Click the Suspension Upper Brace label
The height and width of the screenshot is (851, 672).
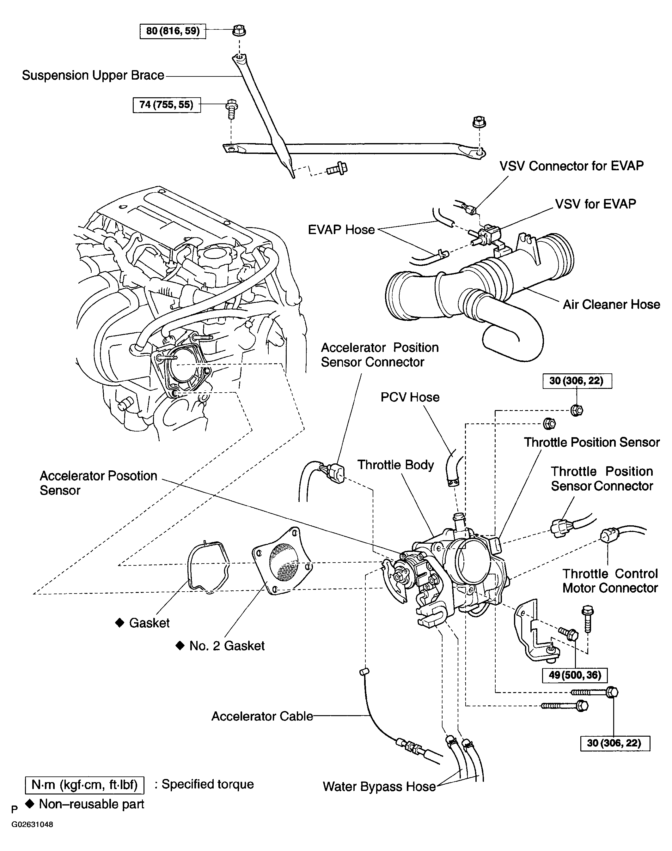click(93, 75)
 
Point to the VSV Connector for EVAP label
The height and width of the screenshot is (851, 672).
click(571, 166)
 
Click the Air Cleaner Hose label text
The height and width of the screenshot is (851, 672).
click(611, 305)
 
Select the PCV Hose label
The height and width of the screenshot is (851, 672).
click(410, 397)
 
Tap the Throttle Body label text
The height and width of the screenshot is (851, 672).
click(395, 465)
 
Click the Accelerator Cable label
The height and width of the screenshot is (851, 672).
click(262, 716)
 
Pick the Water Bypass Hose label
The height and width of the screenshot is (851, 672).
click(379, 787)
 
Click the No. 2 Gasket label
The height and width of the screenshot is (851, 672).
click(227, 646)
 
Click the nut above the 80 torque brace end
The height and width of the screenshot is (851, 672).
click(239, 30)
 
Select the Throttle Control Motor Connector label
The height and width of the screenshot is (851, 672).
click(609, 581)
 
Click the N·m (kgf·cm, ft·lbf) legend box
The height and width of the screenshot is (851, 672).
click(84, 785)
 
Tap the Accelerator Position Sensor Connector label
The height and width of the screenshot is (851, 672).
click(379, 355)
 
